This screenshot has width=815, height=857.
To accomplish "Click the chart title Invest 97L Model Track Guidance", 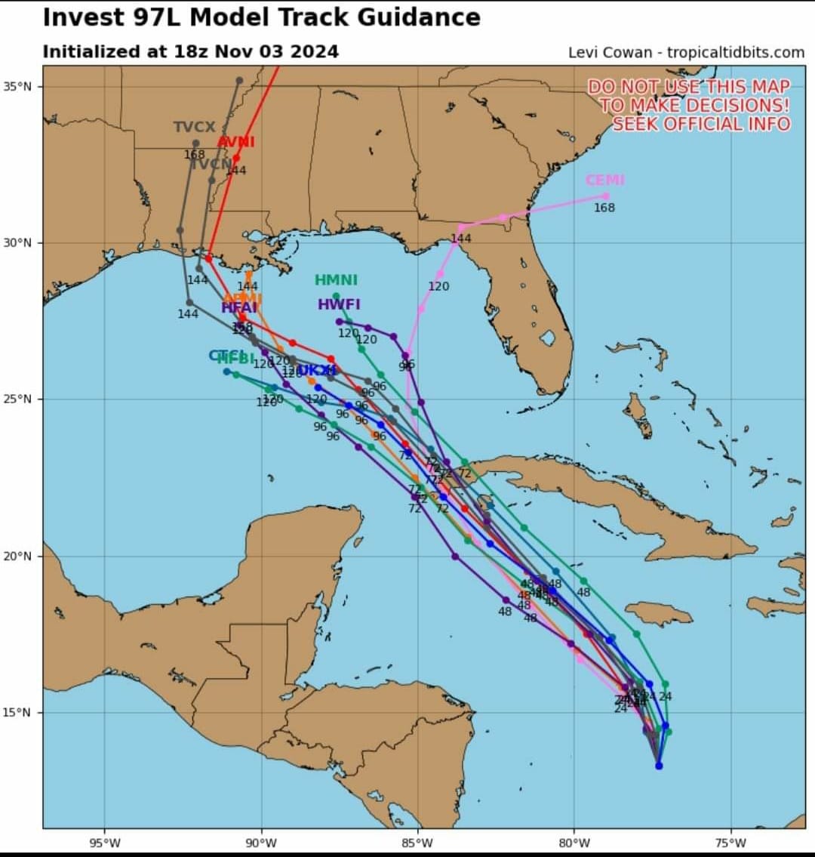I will (261, 18).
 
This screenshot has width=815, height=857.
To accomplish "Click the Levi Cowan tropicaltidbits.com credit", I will (686, 52).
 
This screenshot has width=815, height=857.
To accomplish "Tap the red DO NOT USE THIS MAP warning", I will (689, 105).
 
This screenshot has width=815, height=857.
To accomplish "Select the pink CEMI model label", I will (604, 180).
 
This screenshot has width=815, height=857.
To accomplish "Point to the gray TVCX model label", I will (194, 127).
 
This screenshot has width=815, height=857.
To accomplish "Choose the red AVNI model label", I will (235, 142).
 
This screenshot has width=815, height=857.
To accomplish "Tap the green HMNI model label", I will (336, 280).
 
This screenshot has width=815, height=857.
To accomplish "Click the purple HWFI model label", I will (339, 305).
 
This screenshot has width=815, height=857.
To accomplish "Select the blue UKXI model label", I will (317, 371).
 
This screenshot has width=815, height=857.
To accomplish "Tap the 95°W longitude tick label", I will (105, 843).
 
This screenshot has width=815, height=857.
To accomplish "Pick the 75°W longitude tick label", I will (730, 843).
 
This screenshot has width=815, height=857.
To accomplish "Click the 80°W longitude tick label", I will (574, 843).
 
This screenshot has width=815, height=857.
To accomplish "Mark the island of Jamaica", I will (659, 612).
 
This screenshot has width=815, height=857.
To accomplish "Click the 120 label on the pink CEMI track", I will (438, 286).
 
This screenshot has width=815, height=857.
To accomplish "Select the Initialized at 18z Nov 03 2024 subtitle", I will (190, 52).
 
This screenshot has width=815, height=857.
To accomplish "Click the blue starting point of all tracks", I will (659, 766).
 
